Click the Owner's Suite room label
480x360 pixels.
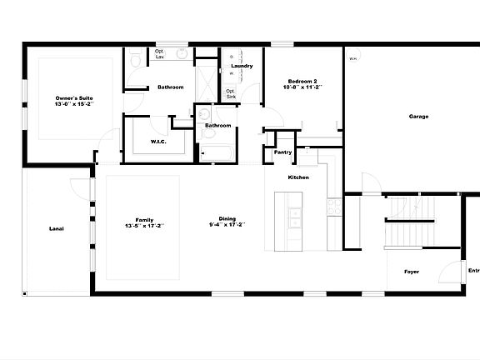(x=74, y=98)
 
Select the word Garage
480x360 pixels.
(x=418, y=117)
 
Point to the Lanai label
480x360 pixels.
(x=57, y=228)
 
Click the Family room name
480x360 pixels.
(x=144, y=219)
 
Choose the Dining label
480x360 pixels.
(x=227, y=219)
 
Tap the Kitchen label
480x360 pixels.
(x=299, y=178)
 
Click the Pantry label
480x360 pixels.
(x=283, y=152)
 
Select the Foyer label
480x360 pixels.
(x=412, y=272)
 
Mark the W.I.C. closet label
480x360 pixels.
(x=160, y=142)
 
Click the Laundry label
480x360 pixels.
(x=242, y=66)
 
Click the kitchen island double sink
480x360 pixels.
(x=295, y=218)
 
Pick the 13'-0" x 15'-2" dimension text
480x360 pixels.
(x=74, y=105)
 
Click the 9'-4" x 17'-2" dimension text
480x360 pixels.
(x=227, y=226)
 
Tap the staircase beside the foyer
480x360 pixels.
(x=410, y=221)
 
